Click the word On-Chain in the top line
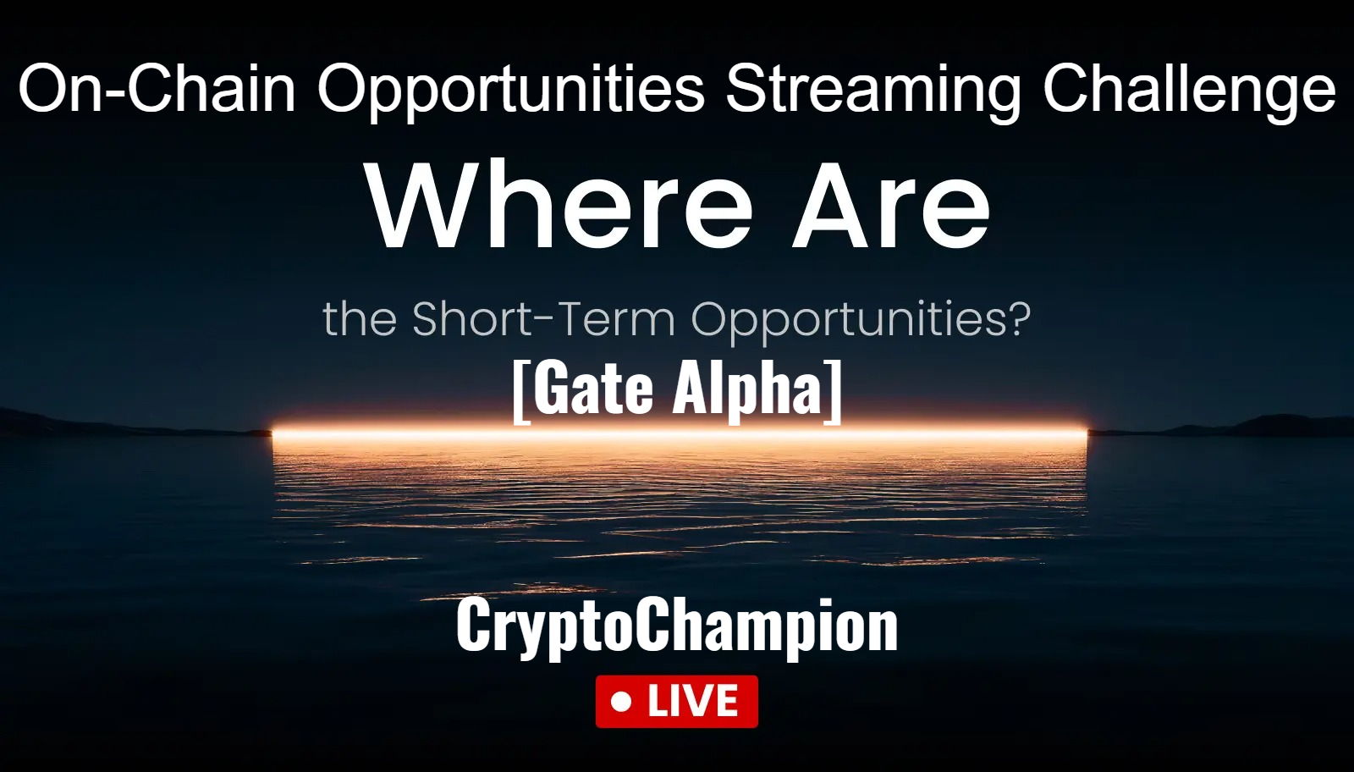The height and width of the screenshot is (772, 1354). (x=157, y=89)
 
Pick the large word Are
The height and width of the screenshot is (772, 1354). (x=890, y=207)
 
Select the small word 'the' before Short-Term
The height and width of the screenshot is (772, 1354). (x=360, y=320)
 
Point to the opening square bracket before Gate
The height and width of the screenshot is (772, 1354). (x=520, y=390)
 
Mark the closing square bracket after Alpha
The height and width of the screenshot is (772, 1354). (x=834, y=390)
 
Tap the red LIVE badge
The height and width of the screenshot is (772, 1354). (x=677, y=701)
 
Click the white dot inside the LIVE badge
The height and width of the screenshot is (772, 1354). (x=622, y=702)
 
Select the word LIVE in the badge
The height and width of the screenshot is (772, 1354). (x=693, y=702)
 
